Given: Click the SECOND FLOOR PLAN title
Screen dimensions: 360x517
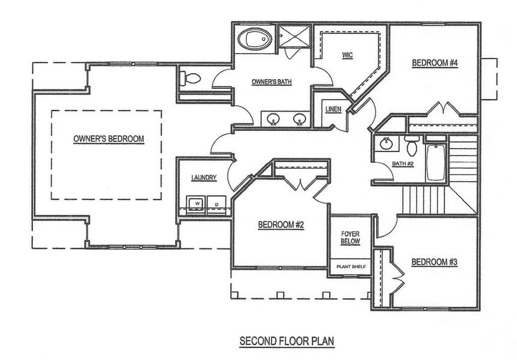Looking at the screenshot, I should pos(287,341).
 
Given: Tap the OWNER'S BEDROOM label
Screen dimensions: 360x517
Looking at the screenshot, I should pos(109,139).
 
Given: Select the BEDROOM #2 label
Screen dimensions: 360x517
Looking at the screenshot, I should pos(281,225).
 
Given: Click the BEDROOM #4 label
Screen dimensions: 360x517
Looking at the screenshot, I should pos(435,63).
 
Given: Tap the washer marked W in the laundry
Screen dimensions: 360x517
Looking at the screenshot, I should pos(195,204).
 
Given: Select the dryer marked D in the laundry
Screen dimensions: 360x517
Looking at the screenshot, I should pos(215,204).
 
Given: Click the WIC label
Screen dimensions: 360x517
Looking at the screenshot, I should pos(347,55).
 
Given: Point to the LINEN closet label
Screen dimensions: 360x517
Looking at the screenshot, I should pos(333,109).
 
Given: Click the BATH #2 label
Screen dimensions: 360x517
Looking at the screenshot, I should pos(402,163).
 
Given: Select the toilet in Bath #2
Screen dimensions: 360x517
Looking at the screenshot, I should pos(411,146).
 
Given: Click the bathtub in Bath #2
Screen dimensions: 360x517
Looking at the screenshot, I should pos(435,161).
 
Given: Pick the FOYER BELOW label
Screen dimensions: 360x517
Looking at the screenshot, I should pos(350,237).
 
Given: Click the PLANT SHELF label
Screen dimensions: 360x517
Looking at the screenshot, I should pos(351,266).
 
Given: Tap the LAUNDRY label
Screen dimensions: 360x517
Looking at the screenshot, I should pos(203,178).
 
